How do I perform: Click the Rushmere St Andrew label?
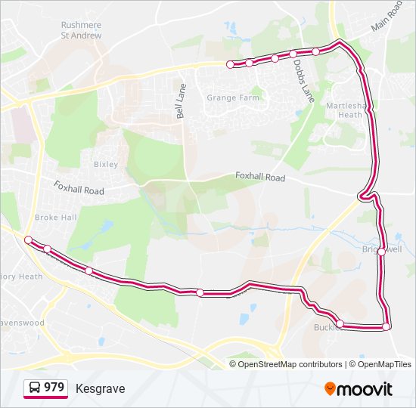[x=81, y=29]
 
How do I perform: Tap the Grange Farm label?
[x=233, y=97]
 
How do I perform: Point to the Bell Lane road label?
[x=180, y=100]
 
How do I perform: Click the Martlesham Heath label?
[x=344, y=110]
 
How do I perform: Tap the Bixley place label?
[x=105, y=164]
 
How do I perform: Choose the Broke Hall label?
[x=56, y=217]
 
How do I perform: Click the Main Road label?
[x=387, y=16]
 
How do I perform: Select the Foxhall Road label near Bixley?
[x=79, y=187]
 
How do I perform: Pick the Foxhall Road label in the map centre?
[x=259, y=178]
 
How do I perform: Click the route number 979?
[x=54, y=388]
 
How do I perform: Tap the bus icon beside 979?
[x=35, y=388]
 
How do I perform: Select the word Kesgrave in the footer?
[x=100, y=388]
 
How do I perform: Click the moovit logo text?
[x=365, y=389]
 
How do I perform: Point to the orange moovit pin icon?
[x=331, y=388]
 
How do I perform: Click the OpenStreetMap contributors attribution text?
[x=290, y=364]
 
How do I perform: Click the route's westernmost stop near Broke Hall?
[x=28, y=240]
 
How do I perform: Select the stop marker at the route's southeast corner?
[x=387, y=326]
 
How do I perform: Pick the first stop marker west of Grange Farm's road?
[x=230, y=65]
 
